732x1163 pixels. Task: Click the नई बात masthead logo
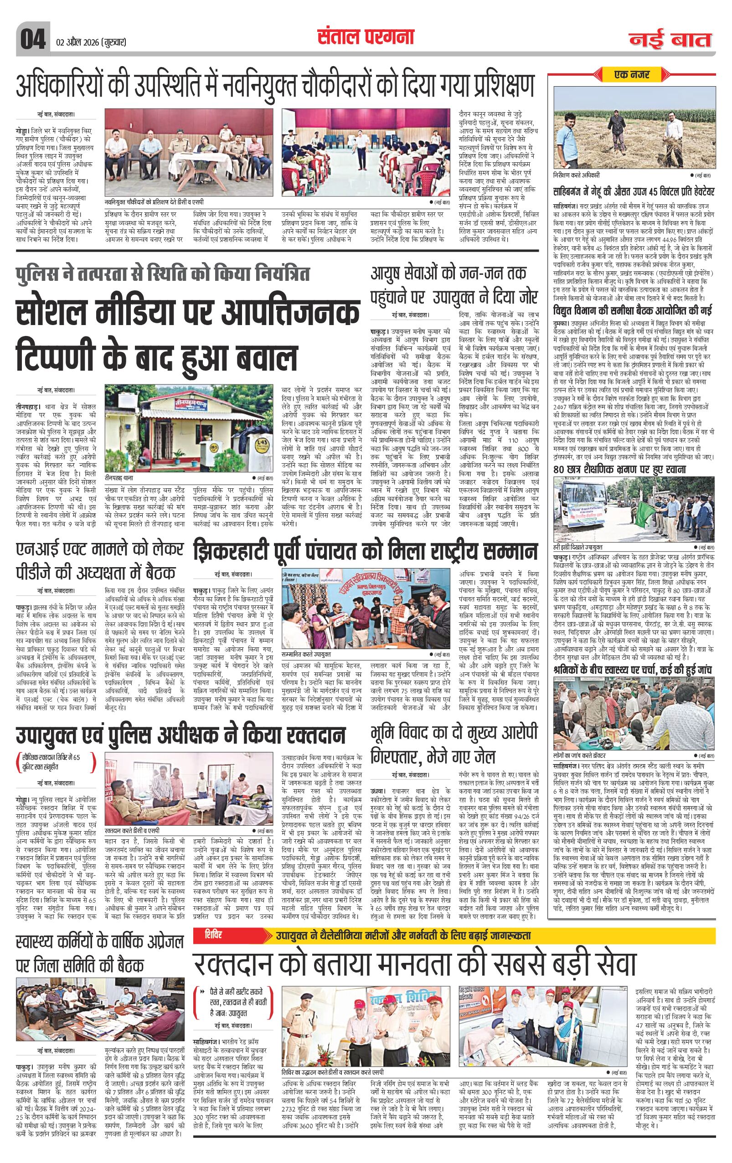670,40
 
